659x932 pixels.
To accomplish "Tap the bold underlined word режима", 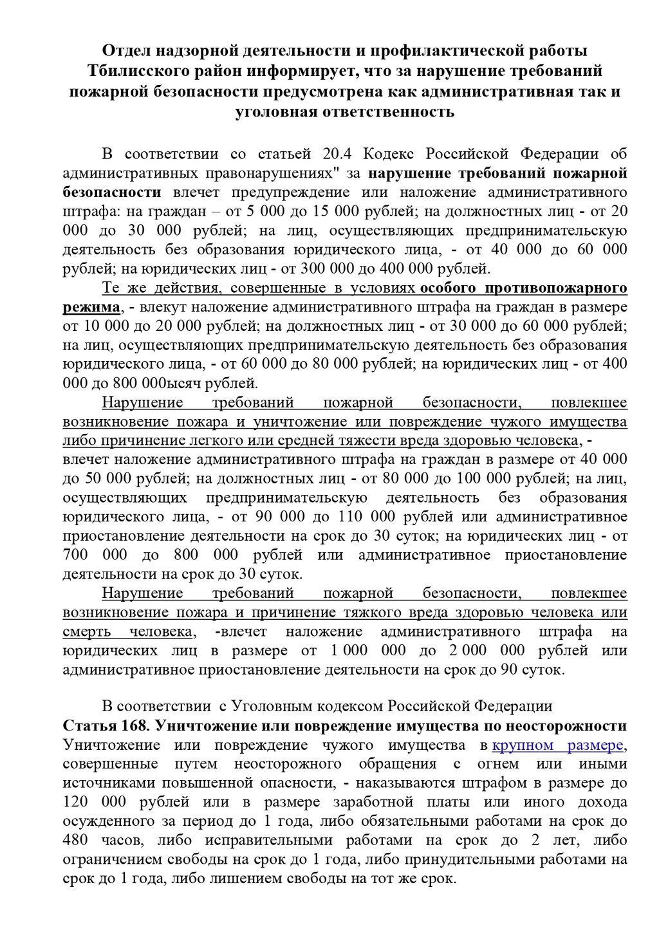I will pos(91,306).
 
